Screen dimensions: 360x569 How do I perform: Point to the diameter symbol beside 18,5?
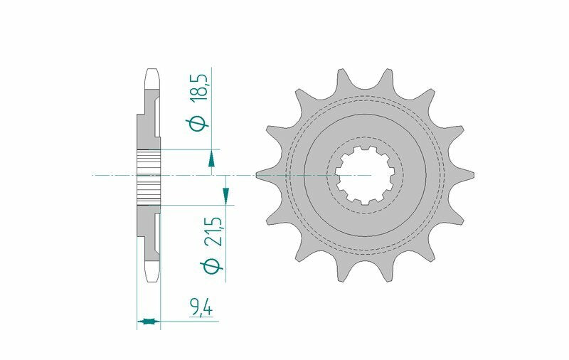(x=201, y=122)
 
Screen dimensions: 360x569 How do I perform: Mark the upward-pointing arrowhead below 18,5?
(x=211, y=159)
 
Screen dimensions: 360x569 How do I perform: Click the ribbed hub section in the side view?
(x=149, y=174)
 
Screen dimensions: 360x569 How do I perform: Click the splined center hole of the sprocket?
(x=364, y=174)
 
